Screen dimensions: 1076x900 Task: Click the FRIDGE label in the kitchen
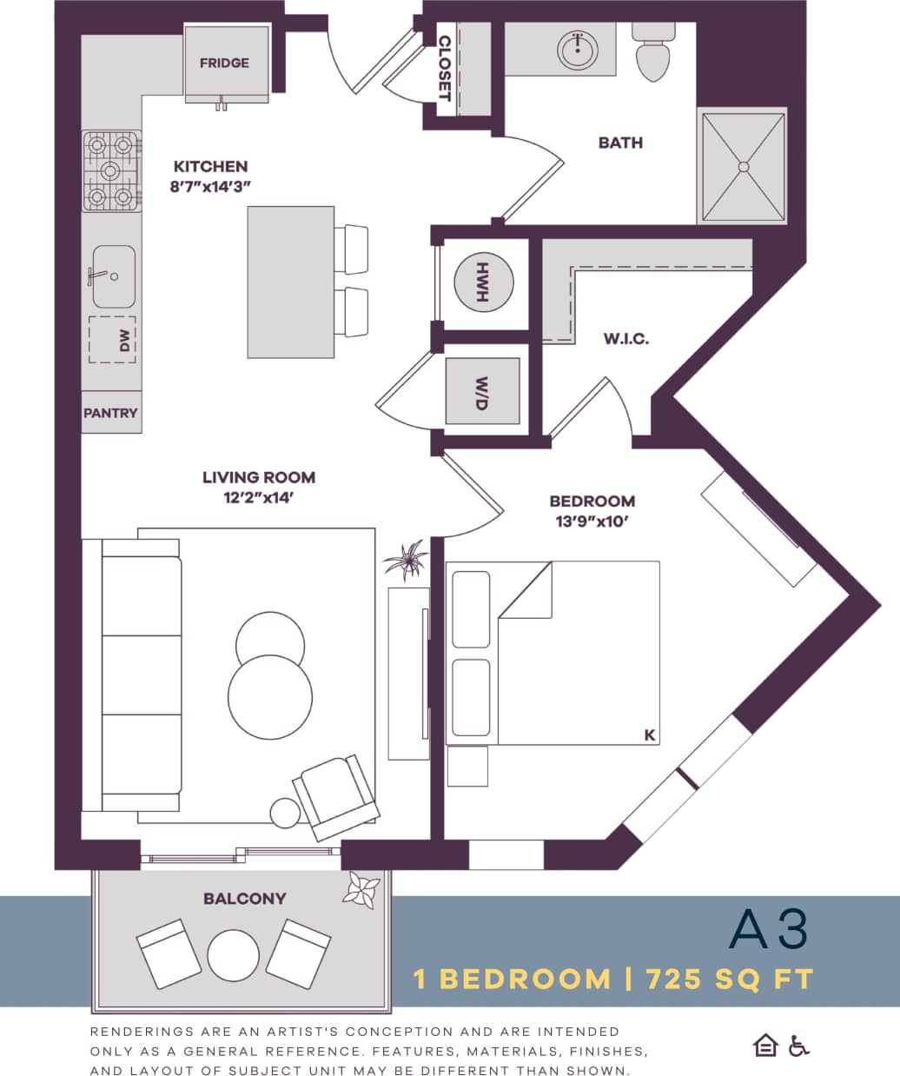tap(224, 63)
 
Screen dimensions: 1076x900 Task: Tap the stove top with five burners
tap(111, 170)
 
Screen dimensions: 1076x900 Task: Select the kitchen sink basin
tap(114, 276)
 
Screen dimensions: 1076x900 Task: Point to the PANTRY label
tap(110, 413)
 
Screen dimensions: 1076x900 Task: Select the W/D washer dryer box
tap(482, 391)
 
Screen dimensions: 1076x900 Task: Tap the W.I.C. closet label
tap(625, 339)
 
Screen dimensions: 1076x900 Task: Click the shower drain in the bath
tap(744, 165)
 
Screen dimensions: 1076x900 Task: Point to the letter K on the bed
tap(649, 735)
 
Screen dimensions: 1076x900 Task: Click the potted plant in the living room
tap(406, 561)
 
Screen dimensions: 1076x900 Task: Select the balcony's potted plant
tap(361, 891)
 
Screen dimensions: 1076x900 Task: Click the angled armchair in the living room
tap(336, 795)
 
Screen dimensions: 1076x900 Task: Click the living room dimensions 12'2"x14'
tap(258, 498)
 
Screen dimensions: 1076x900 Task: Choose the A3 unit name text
tap(768, 928)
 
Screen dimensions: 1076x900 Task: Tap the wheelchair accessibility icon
tap(798, 1046)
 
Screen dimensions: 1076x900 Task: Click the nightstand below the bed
tap(467, 766)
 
